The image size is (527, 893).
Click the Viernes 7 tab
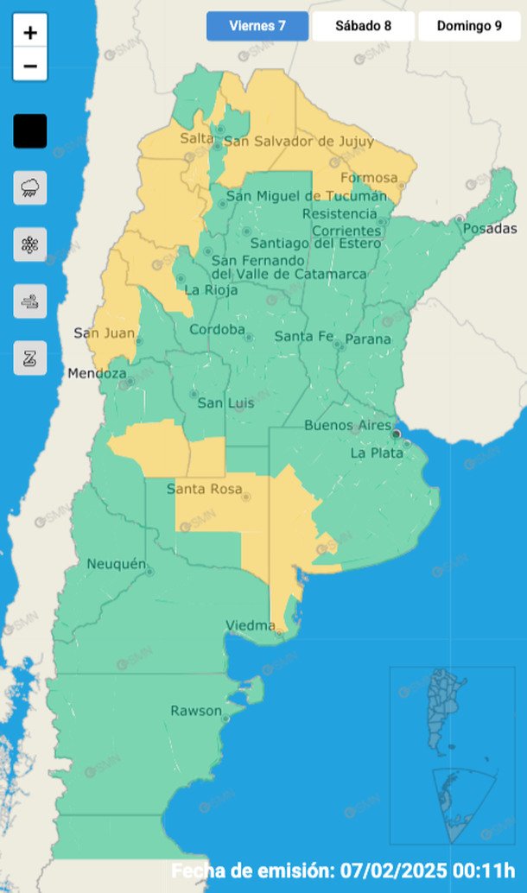point(257,26)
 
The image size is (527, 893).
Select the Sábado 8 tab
point(363,26)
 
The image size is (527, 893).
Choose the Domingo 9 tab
point(469,26)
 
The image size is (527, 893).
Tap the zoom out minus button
point(30,66)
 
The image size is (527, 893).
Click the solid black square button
point(30,131)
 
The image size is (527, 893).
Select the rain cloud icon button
point(30,187)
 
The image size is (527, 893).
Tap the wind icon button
point(30,301)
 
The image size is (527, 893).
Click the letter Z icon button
point(30,358)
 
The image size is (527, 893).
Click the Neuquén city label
point(117,564)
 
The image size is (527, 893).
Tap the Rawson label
point(195,712)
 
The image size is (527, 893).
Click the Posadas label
point(490,229)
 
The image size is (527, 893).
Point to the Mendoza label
point(98,374)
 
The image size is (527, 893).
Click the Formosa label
point(370,179)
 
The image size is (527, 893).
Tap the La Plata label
point(377,453)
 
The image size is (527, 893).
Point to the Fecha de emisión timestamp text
point(343,870)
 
